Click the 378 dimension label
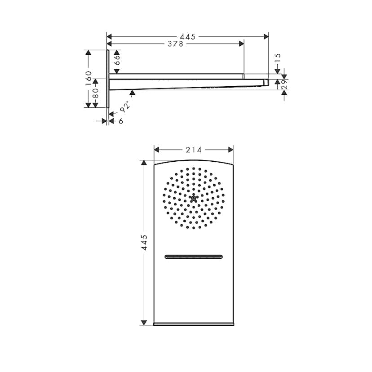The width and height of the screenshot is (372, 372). coord(175,44)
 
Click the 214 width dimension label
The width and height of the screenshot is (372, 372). coord(194,150)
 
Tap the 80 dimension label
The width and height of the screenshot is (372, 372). coord(95,93)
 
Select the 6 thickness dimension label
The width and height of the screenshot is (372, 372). coord(121,121)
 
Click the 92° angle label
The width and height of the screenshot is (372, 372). coord(125,106)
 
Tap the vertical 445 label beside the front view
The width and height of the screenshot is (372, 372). coord(144,242)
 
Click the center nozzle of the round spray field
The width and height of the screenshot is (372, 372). coord(194,198)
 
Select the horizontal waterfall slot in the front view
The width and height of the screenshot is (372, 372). coord(194,257)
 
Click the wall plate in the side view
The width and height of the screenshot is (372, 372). coord(108,79)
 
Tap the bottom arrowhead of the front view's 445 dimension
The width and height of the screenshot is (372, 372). coord(144,322)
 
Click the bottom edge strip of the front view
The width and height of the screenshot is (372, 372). coord(194,323)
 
